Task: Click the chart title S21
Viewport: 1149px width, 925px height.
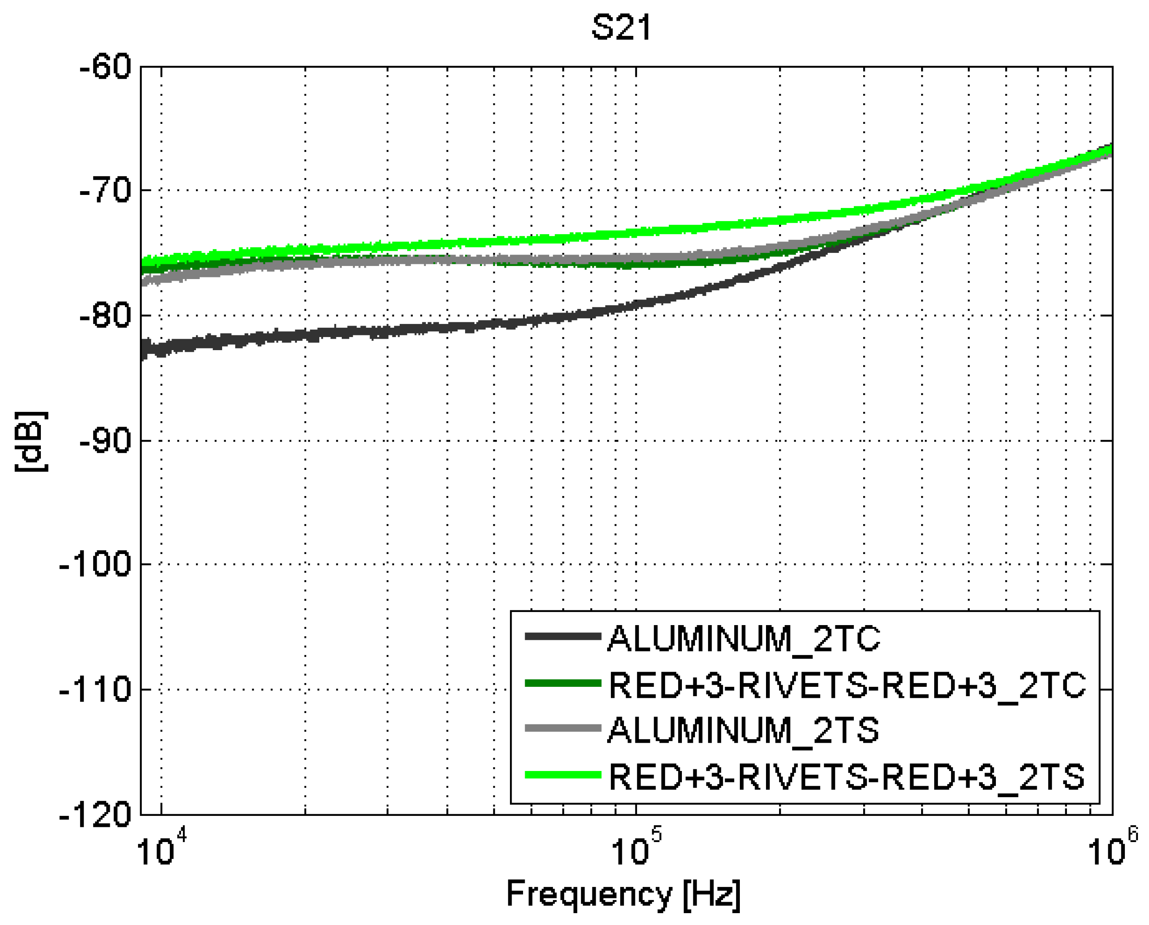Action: click(x=621, y=28)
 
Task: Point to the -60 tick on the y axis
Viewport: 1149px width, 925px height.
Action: click(x=105, y=68)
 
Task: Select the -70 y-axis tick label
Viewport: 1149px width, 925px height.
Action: click(x=105, y=190)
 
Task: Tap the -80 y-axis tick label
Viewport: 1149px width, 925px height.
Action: click(x=105, y=316)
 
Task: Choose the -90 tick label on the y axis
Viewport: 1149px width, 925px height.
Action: click(x=105, y=441)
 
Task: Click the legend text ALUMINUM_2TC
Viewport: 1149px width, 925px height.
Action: click(x=744, y=639)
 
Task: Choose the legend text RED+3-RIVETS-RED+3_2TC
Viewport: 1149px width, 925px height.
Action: click(x=847, y=685)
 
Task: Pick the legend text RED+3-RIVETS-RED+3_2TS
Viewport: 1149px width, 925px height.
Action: click(x=846, y=776)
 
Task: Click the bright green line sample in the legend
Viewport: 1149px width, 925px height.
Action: click(x=563, y=775)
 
